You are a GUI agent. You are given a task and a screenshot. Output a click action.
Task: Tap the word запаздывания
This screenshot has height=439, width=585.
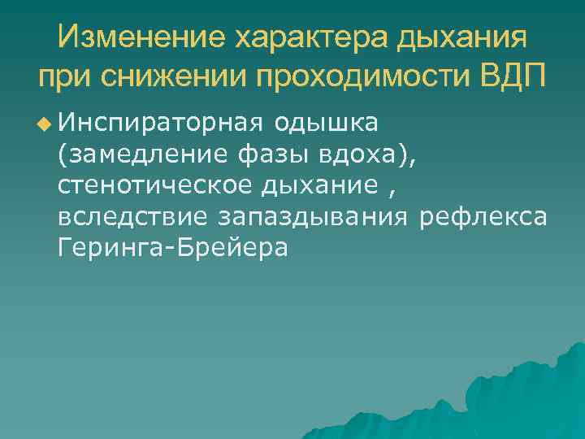pos(316,216)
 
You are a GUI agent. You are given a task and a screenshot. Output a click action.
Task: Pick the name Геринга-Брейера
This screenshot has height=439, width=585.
pos(173,247)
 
